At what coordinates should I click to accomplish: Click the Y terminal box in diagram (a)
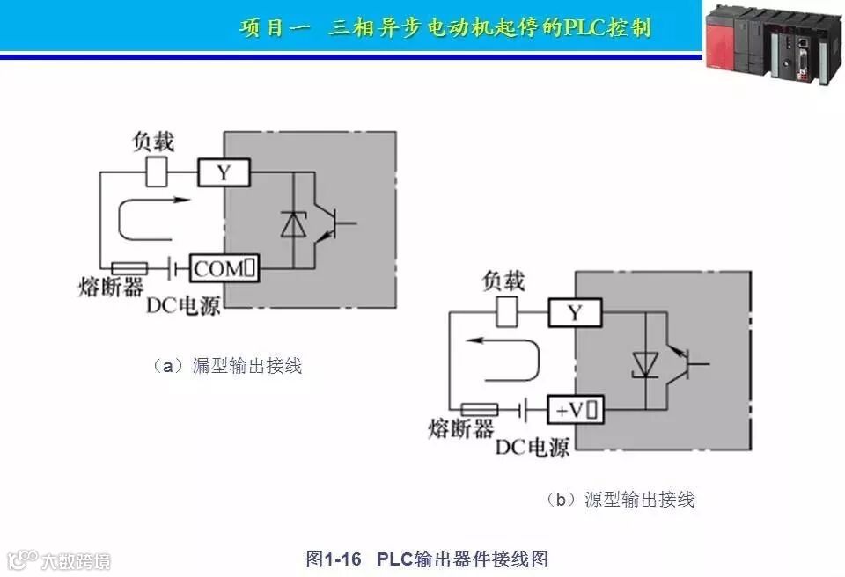pos(224,173)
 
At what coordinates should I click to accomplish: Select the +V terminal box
pos(576,410)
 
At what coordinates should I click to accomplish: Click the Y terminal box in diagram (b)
pos(576,312)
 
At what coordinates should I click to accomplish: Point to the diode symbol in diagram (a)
pos(291,225)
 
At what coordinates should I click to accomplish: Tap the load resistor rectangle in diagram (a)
pos(156,172)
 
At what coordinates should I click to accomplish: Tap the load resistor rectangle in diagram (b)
pos(508,311)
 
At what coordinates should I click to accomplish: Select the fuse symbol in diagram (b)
pos(480,409)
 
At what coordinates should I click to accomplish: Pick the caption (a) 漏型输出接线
pos(227,366)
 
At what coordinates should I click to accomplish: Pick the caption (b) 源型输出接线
pos(620,500)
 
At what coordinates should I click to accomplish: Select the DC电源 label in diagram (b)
pos(532,448)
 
